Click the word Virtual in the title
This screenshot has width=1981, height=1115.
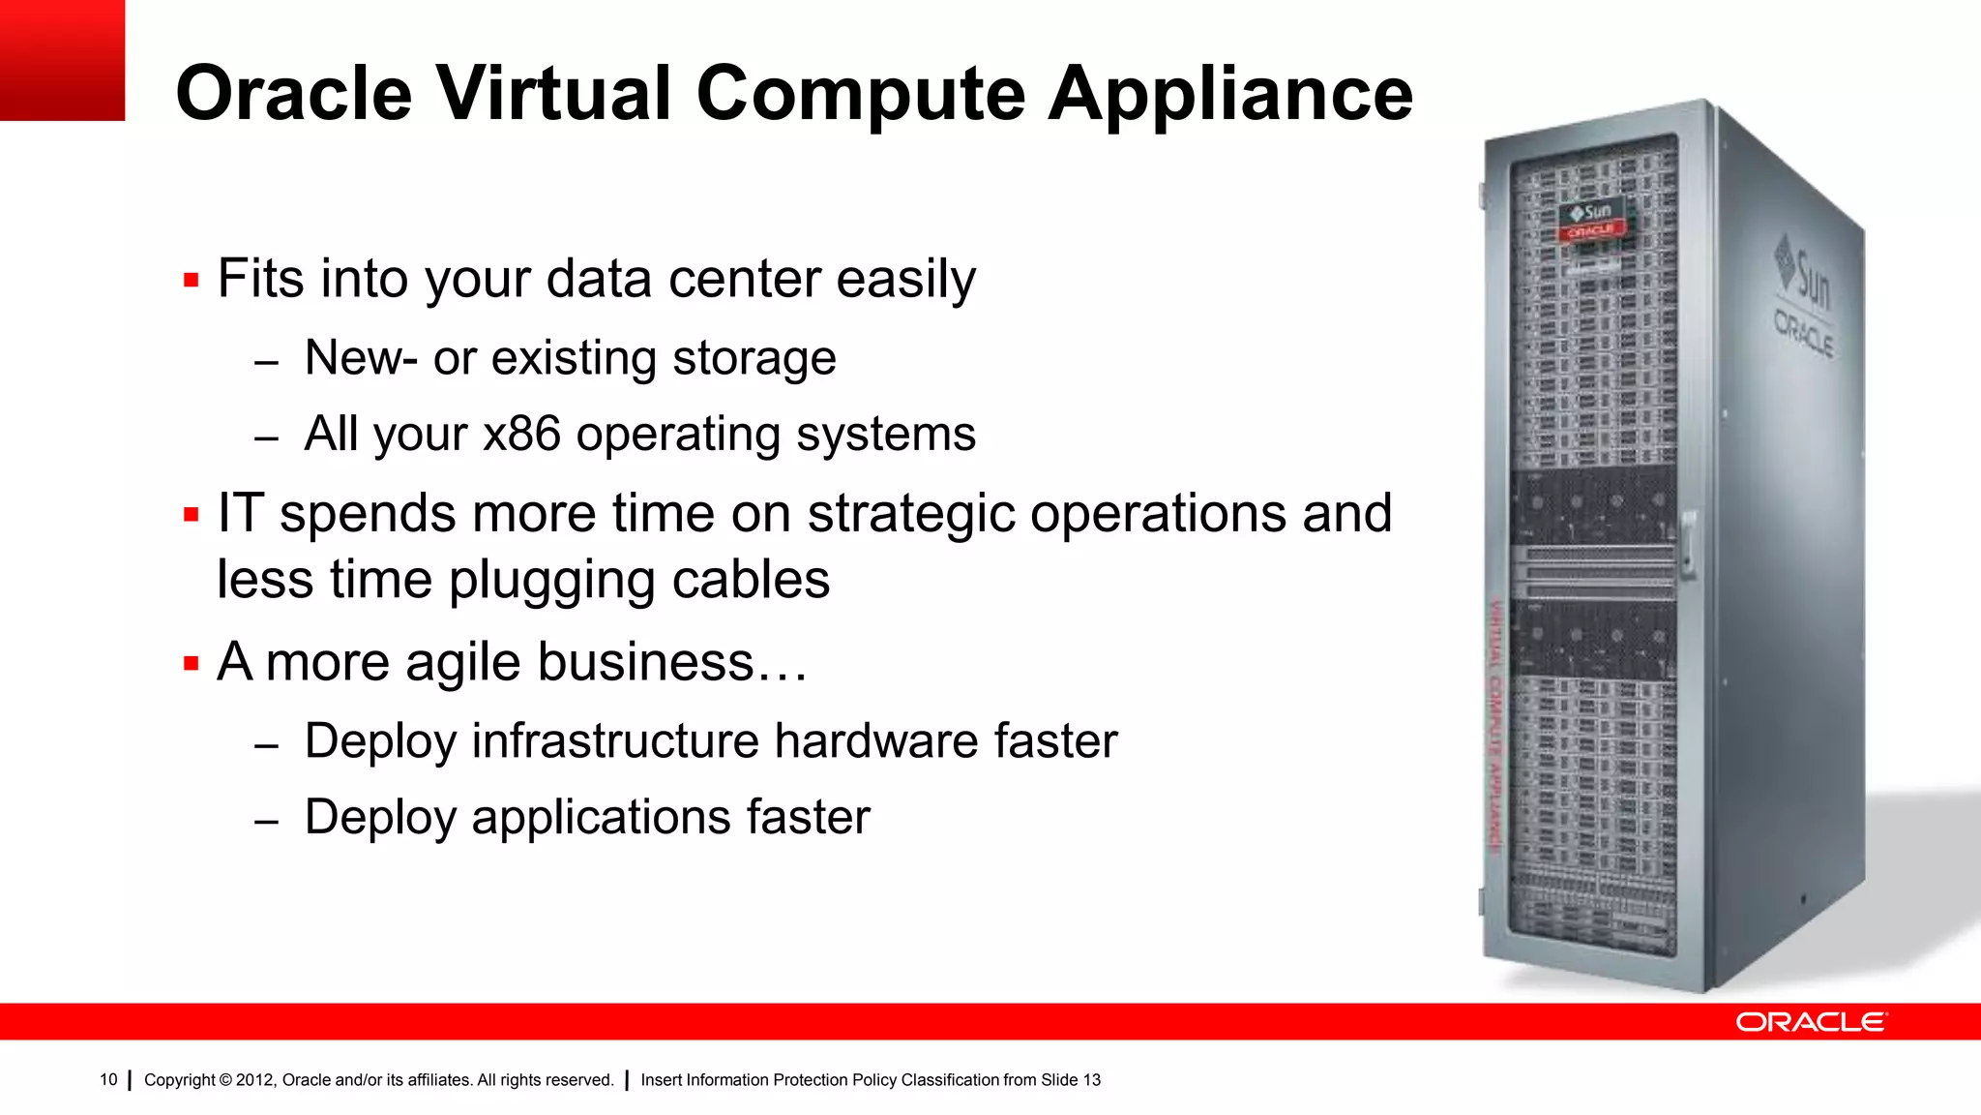553,94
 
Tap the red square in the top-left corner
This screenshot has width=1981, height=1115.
62,60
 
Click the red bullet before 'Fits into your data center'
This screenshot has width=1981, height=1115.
191,282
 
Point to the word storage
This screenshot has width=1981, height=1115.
754,358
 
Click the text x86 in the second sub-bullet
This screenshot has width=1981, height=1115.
521,433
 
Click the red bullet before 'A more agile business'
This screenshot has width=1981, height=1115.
191,664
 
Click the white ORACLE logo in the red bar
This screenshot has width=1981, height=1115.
1810,1022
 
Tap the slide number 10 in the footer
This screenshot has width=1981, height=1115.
108,1080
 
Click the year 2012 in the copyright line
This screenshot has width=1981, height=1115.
254,1080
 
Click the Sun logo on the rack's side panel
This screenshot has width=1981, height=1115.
1805,276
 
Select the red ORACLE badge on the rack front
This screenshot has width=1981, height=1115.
1591,231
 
